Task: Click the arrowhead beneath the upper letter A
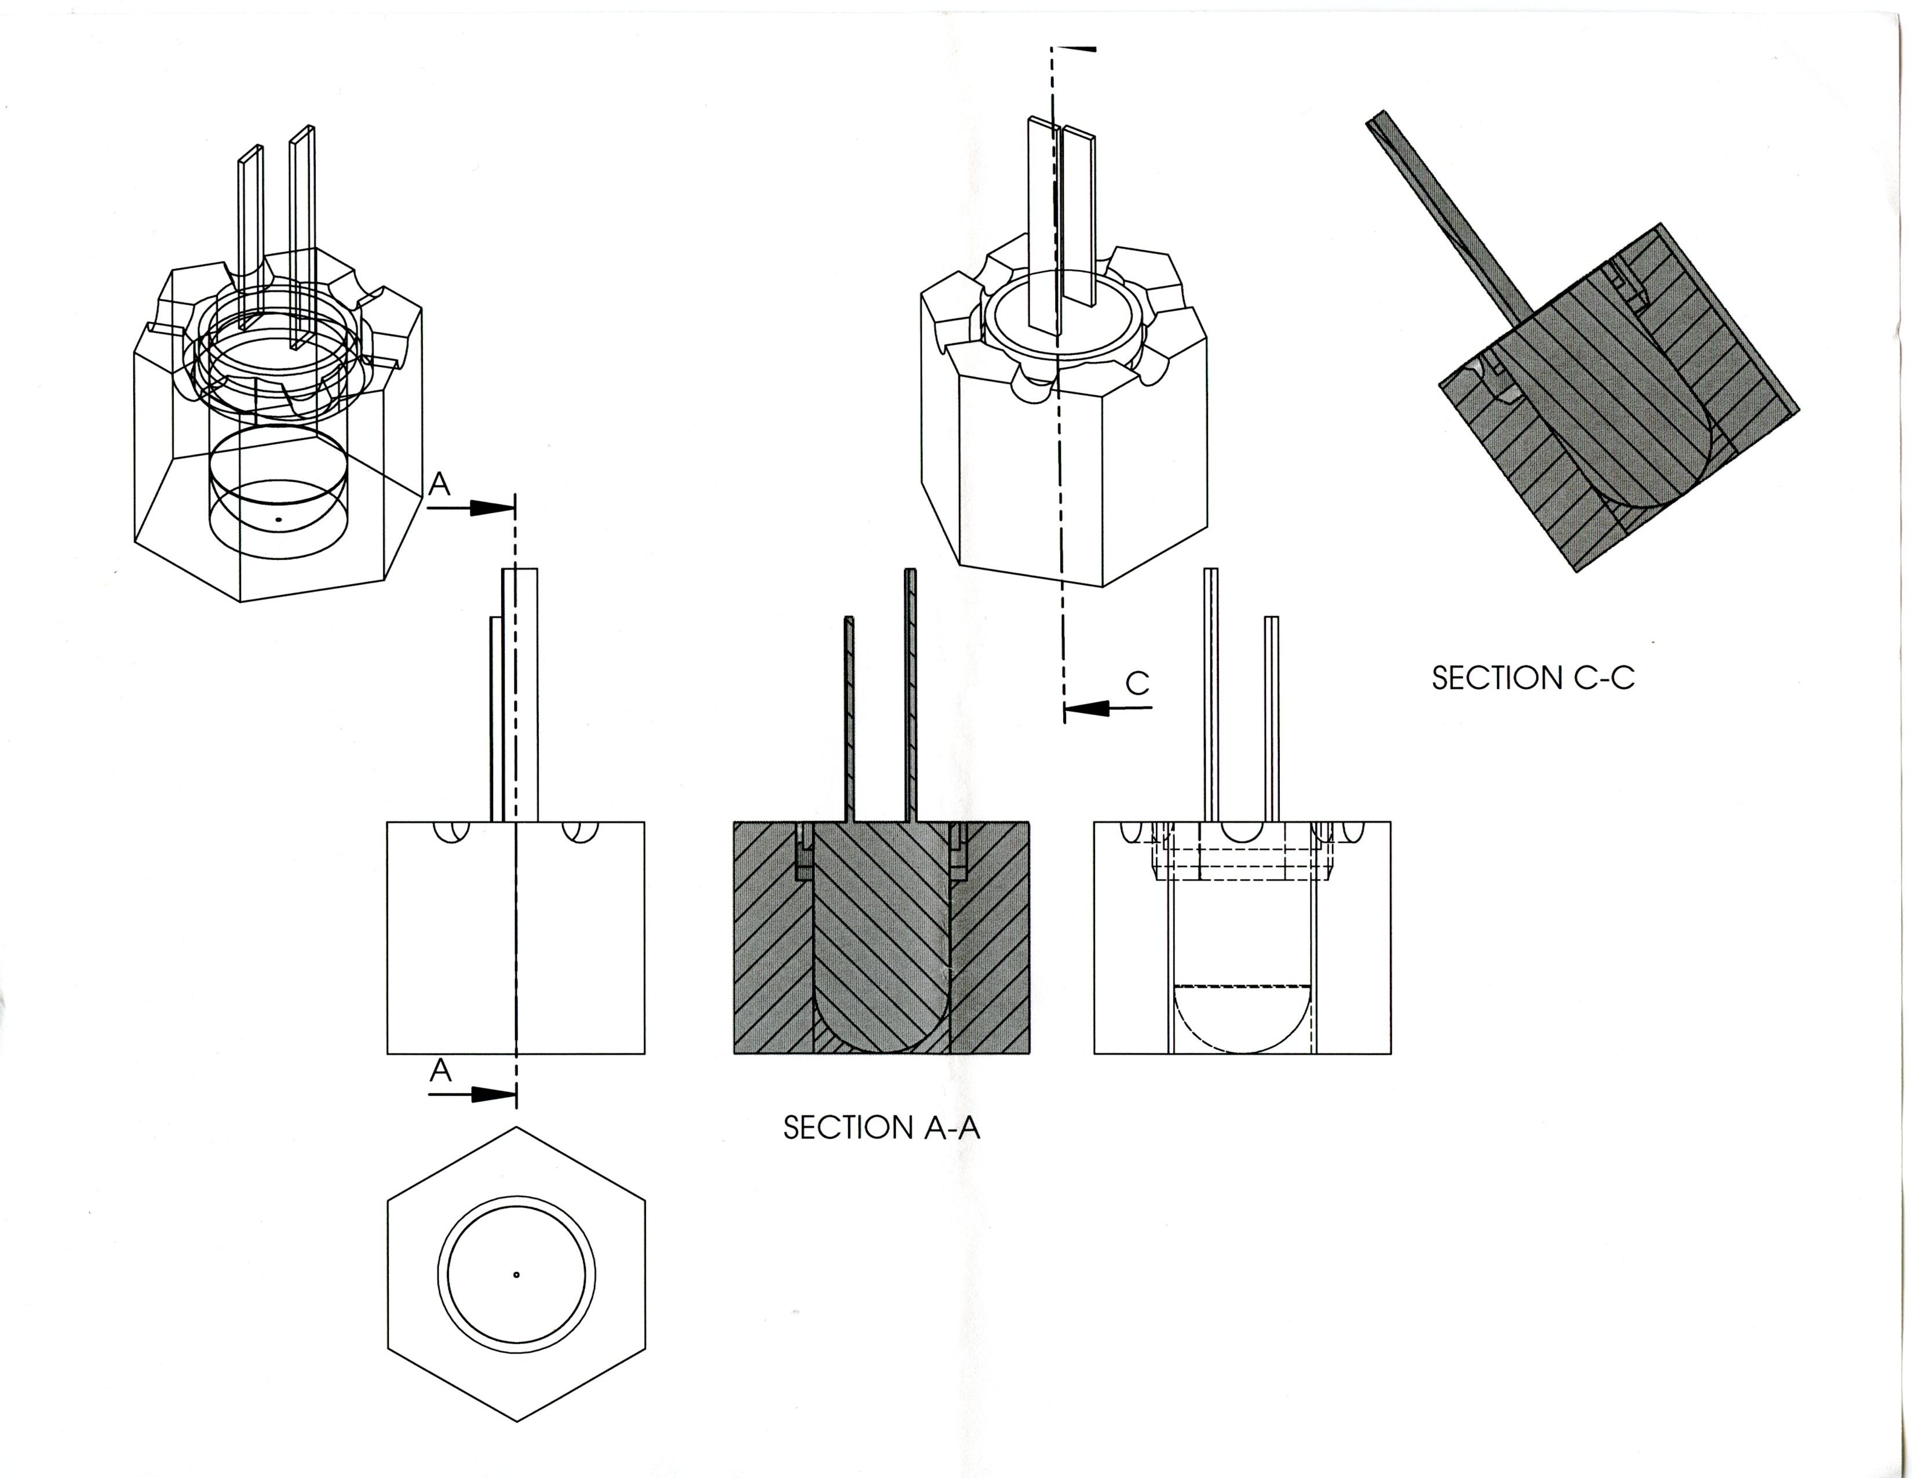[490, 508]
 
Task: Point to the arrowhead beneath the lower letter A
[490, 1094]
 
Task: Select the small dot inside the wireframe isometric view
[278, 520]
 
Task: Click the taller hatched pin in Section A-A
[910, 691]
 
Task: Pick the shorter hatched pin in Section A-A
[848, 718]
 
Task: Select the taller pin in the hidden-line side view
[1212, 691]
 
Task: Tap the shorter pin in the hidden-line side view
[1271, 718]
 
